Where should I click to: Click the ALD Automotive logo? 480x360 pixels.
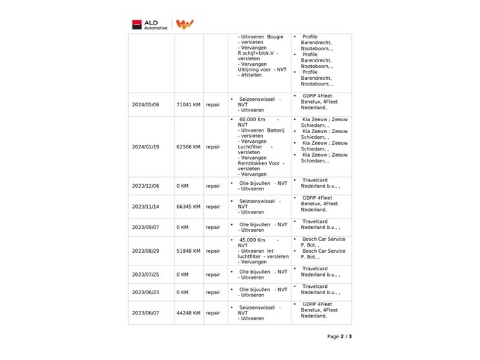click(x=149, y=25)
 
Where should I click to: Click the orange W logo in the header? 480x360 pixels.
click(x=184, y=25)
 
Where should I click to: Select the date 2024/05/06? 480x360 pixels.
click(x=146, y=105)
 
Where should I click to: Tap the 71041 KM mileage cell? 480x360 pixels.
click(x=188, y=105)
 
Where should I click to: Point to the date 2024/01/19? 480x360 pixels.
click(x=146, y=147)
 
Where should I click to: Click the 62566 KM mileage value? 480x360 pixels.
click(x=188, y=147)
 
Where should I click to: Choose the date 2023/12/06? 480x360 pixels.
click(x=146, y=186)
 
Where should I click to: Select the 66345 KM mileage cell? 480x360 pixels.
click(x=188, y=207)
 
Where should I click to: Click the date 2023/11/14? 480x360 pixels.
click(x=146, y=207)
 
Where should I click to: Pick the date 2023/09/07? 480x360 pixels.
click(x=146, y=228)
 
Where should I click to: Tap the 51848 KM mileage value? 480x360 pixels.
click(x=188, y=251)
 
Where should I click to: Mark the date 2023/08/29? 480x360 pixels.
click(x=146, y=251)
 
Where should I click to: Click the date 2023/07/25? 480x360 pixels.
click(x=146, y=275)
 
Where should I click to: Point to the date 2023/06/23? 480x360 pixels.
click(x=146, y=292)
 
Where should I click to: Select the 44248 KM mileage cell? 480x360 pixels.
click(x=188, y=313)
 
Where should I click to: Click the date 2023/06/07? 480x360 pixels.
click(x=146, y=313)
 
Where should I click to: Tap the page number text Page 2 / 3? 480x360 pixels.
click(x=339, y=337)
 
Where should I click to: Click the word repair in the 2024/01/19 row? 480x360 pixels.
click(x=213, y=147)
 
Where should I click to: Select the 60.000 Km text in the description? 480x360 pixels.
click(x=252, y=119)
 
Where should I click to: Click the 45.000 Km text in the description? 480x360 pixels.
click(x=252, y=240)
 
